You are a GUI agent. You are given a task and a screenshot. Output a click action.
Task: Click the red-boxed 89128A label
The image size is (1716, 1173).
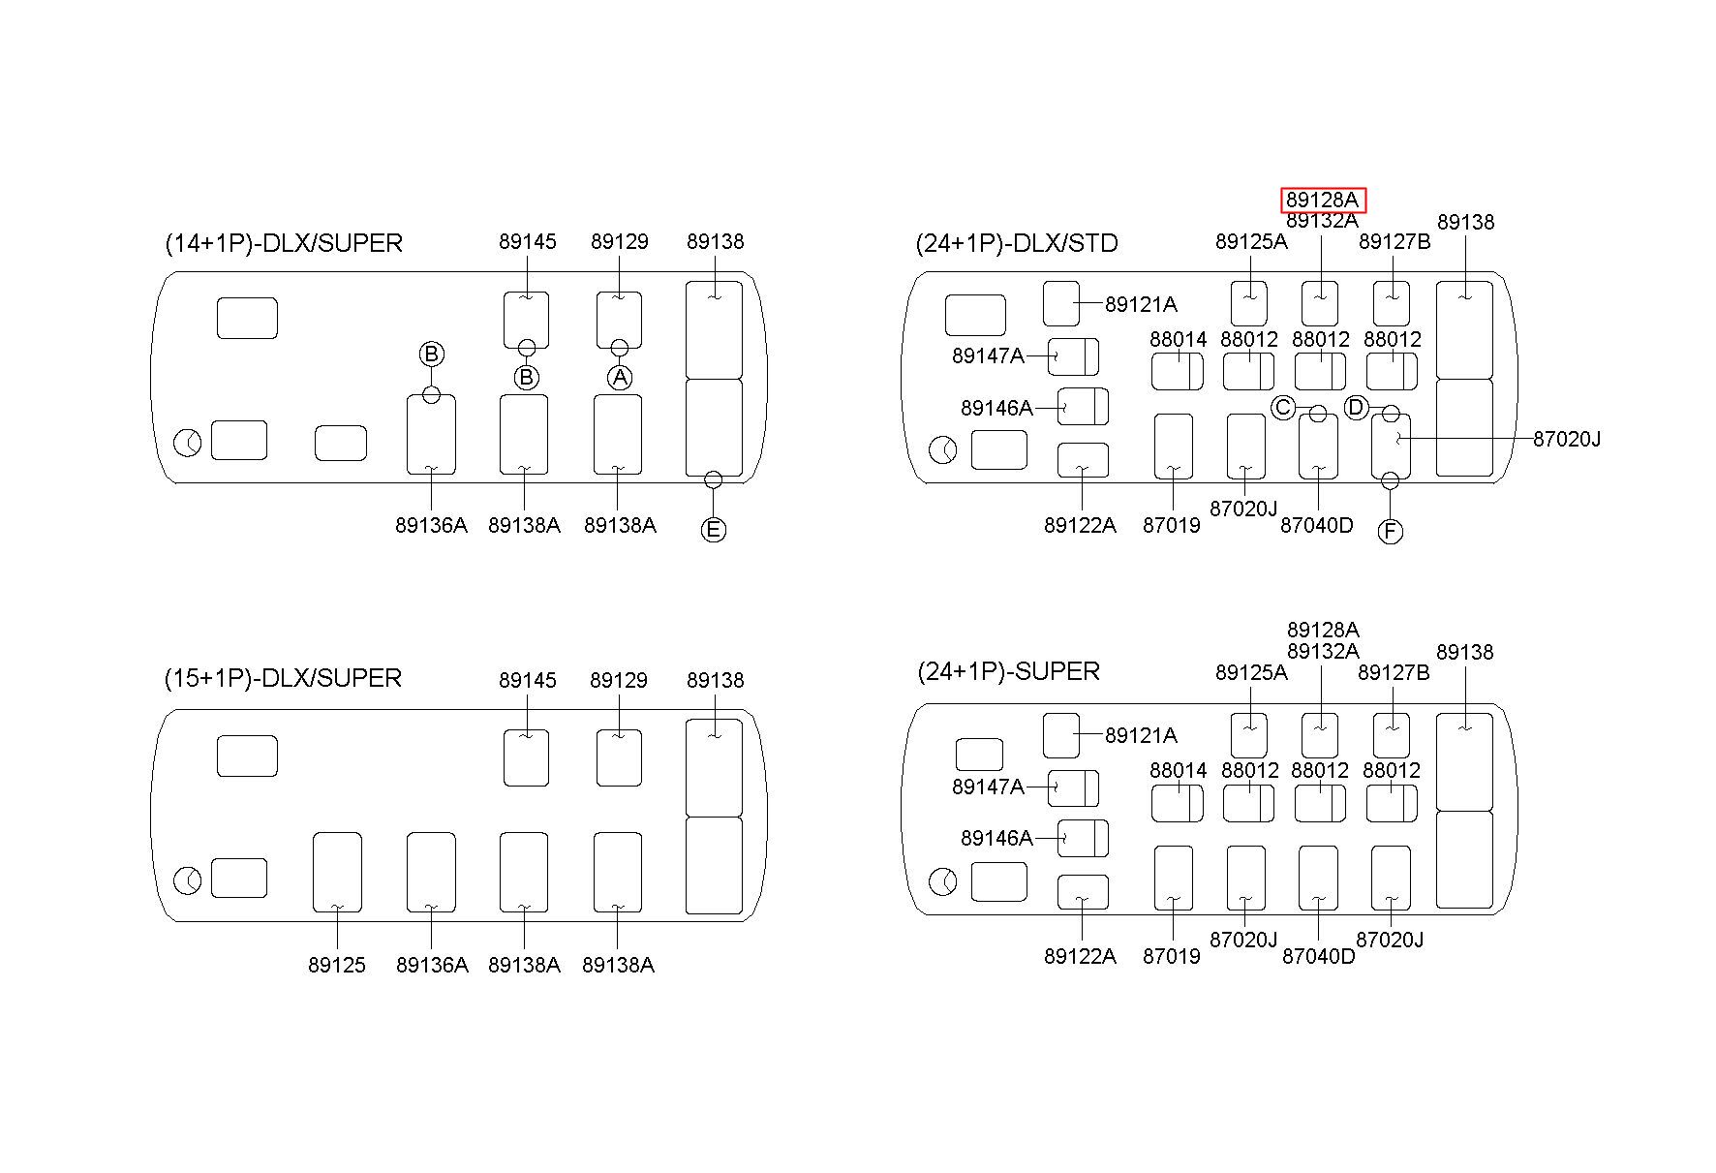(1322, 201)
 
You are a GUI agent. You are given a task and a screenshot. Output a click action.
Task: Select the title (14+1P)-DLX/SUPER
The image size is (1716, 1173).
(284, 242)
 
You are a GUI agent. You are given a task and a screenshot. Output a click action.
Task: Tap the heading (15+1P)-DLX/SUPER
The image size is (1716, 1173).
(283, 678)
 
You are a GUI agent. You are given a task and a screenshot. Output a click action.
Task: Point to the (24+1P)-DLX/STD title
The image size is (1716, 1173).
(1017, 242)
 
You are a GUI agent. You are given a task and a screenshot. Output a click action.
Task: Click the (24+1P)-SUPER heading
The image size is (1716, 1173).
(1008, 671)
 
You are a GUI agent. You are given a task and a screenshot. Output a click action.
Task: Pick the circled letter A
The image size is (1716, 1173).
(620, 377)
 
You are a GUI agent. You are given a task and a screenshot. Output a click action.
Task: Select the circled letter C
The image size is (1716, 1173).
(1283, 408)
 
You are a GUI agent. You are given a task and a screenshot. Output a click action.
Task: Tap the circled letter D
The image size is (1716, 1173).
(1356, 408)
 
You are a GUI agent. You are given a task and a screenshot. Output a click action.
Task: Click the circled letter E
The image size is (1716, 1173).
(713, 530)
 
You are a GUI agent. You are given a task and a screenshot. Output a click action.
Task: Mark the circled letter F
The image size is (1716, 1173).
(1390, 532)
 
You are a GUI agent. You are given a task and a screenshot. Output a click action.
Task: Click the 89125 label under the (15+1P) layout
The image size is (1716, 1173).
(337, 965)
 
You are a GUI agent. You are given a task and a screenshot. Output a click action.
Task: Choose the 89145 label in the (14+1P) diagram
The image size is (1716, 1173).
(528, 241)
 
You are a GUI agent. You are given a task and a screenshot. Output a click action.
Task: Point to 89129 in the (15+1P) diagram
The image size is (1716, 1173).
(619, 680)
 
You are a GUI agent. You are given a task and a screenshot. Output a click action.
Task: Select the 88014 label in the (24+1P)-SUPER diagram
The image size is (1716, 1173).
(1179, 770)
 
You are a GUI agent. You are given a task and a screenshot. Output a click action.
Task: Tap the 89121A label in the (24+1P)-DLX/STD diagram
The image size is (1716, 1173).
(1141, 304)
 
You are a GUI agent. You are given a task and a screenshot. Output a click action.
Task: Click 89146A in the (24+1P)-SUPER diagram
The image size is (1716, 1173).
(996, 838)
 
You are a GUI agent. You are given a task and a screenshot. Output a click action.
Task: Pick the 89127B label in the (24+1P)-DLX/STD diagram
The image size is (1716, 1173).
(1394, 241)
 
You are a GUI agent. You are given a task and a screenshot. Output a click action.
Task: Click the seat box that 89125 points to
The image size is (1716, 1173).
(337, 871)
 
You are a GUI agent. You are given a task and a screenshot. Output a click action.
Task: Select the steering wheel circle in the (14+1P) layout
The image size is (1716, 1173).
(187, 444)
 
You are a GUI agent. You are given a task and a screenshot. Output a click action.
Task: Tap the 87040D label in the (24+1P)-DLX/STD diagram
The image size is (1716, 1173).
(1317, 525)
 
